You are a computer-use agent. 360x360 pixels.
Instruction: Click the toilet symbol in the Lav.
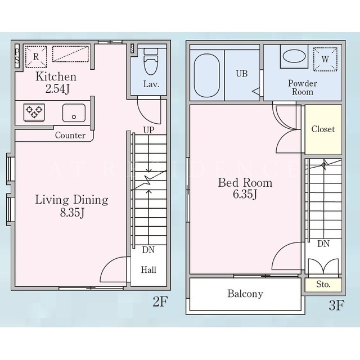[x=151, y=61]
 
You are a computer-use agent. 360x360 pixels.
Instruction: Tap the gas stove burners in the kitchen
[x=34, y=112]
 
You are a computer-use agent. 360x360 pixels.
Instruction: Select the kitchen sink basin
[x=74, y=112]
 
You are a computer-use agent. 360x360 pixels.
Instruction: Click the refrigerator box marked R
[x=36, y=57]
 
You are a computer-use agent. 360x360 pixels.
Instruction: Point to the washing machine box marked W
[x=325, y=59]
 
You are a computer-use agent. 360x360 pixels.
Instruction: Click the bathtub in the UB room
[x=207, y=75]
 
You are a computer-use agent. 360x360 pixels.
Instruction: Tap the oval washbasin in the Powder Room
[x=294, y=56]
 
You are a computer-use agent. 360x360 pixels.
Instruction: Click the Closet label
[x=323, y=129]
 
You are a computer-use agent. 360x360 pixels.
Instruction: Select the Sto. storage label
[x=323, y=285]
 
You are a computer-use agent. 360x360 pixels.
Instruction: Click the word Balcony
[x=245, y=294]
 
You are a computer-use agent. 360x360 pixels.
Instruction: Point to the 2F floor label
[x=160, y=301]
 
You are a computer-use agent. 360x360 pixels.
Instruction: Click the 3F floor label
[x=336, y=305]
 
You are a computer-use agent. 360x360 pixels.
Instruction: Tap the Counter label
[x=70, y=135]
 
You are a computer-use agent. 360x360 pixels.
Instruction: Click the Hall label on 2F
[x=148, y=270]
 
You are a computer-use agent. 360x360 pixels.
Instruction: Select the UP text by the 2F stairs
[x=148, y=130]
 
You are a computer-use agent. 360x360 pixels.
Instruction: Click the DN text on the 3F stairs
[x=323, y=244]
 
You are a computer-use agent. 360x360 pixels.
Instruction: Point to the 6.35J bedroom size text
[x=245, y=195]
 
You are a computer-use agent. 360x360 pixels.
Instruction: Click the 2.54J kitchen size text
[x=57, y=89]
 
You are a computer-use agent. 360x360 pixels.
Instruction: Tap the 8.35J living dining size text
[x=73, y=213]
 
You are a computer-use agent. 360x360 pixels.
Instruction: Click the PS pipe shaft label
[x=17, y=56]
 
